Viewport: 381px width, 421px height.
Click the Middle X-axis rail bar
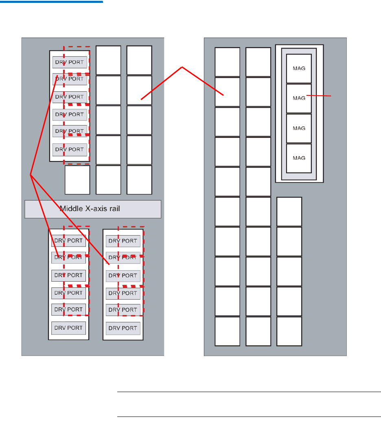93,209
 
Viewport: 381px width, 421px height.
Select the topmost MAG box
299,68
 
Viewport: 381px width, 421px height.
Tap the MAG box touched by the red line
299,98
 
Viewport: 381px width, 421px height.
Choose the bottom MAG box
299,158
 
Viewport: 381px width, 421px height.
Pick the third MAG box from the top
299,128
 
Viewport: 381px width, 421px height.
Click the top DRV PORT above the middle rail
70,62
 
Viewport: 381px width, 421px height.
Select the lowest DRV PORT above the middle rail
70,149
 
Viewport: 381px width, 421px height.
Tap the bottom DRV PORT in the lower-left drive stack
69,328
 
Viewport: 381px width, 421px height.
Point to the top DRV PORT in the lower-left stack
69,240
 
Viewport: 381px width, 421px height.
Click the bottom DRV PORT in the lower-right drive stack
123,328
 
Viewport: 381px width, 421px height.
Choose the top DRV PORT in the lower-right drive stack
123,241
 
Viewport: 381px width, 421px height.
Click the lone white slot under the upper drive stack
77,180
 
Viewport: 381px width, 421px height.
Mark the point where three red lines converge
31,174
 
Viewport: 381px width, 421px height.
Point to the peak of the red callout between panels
182,67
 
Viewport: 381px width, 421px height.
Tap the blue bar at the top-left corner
51,2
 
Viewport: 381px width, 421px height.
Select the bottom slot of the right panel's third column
289,331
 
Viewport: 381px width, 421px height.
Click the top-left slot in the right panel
227,62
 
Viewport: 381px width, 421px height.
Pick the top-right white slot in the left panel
139,60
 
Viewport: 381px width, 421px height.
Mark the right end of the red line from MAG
332,96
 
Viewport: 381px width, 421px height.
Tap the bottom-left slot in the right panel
227,331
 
